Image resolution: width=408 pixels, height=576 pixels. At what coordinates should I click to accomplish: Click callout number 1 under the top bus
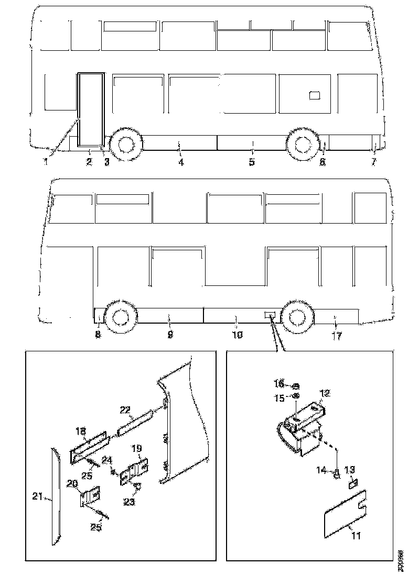(x=46, y=162)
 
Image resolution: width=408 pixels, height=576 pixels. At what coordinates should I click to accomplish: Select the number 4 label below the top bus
(x=181, y=162)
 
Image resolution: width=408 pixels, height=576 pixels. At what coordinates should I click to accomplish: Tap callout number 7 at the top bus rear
(x=373, y=162)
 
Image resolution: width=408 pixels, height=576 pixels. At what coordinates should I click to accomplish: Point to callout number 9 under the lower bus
(x=170, y=335)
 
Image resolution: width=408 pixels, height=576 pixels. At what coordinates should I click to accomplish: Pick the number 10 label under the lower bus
(x=237, y=335)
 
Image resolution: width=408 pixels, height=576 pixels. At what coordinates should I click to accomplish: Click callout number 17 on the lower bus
(x=336, y=336)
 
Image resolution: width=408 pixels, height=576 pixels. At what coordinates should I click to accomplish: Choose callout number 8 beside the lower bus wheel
(x=98, y=335)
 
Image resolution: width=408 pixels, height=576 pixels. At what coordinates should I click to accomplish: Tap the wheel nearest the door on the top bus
(x=125, y=144)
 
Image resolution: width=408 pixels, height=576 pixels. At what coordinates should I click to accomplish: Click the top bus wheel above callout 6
(x=303, y=144)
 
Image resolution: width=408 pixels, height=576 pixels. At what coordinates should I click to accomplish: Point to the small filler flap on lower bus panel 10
(x=270, y=315)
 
